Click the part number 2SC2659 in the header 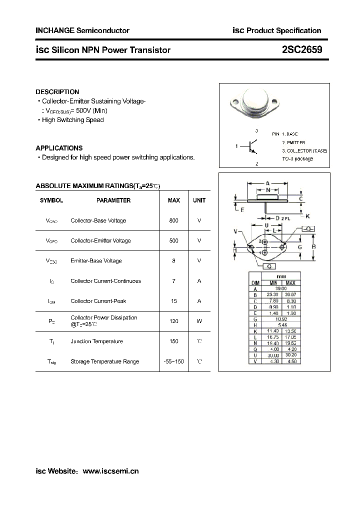click(301, 50)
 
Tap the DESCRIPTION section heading click(57, 92)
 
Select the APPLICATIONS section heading click(59, 148)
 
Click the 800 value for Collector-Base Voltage click(173, 220)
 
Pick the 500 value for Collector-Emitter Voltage click(173, 240)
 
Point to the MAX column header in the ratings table click(173, 200)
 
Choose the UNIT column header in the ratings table click(199, 200)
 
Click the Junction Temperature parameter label click(96, 341)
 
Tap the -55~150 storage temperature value click(173, 361)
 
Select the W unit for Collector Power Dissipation click(199, 321)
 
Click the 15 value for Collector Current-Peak click(173, 301)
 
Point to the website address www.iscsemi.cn click(110, 471)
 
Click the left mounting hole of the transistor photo click(235, 103)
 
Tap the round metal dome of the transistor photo click(256, 99)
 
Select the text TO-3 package click(297, 158)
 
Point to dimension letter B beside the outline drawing click(313, 246)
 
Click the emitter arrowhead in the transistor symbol click(255, 152)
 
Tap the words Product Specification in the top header click(284, 30)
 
